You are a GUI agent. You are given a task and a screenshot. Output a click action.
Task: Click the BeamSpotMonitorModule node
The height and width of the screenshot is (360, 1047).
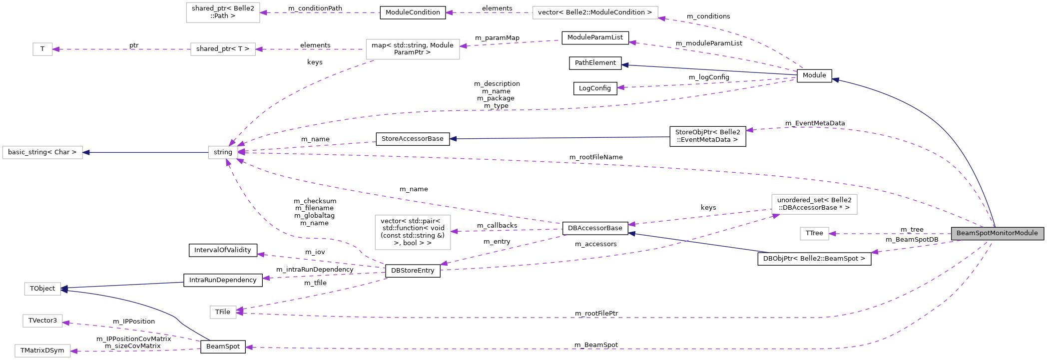coord(997,233)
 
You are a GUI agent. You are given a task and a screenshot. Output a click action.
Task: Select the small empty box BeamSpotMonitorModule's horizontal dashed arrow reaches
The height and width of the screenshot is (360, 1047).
coord(814,234)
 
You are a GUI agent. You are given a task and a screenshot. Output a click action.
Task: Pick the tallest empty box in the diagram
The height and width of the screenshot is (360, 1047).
coord(413,232)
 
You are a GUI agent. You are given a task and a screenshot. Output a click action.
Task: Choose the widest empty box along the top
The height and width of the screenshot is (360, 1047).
coord(595,12)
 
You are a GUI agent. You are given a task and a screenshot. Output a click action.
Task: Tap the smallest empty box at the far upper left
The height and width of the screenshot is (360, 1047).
coord(42,49)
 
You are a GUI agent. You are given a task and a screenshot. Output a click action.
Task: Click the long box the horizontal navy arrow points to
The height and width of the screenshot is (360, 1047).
coord(42,152)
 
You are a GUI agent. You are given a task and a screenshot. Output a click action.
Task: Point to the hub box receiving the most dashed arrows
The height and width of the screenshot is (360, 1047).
coord(223,152)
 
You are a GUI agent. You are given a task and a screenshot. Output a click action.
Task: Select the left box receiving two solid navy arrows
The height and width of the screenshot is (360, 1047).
coord(42,289)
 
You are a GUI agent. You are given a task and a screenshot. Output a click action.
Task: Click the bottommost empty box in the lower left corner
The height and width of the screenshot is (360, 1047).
coord(42,351)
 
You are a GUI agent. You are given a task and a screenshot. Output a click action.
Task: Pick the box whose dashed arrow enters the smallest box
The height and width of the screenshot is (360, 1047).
coord(223,49)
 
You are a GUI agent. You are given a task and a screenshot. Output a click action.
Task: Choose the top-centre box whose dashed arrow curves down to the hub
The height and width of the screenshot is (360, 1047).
coord(413,49)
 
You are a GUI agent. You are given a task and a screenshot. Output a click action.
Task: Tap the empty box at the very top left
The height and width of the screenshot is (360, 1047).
coord(223,12)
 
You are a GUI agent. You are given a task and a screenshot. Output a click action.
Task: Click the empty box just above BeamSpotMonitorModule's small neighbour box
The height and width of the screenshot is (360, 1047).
coord(814,204)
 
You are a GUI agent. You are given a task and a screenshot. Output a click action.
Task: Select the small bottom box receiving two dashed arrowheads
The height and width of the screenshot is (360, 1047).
coord(223,312)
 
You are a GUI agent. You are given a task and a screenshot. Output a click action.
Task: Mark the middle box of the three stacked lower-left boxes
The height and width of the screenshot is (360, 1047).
coord(42,321)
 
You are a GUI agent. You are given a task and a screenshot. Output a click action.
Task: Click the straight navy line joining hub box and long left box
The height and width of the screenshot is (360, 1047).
coord(145,152)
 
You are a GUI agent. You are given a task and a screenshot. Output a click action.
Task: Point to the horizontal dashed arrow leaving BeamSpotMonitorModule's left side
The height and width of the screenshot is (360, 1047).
coord(889,234)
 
